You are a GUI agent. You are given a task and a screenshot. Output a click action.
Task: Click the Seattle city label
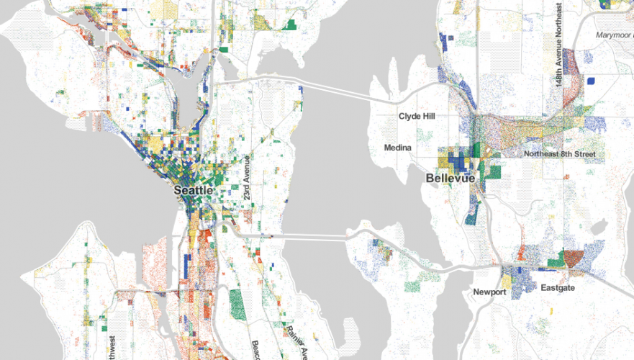pos(194,190)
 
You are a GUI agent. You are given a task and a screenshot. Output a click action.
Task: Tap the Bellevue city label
pos(450,177)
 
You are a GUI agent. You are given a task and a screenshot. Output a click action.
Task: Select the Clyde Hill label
pos(417,115)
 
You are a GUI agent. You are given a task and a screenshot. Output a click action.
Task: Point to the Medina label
pos(397,148)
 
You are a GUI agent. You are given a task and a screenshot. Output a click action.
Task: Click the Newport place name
pos(490,292)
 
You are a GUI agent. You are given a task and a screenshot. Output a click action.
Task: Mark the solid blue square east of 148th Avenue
pos(591,81)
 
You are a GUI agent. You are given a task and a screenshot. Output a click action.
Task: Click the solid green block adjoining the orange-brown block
pos(556,258)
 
